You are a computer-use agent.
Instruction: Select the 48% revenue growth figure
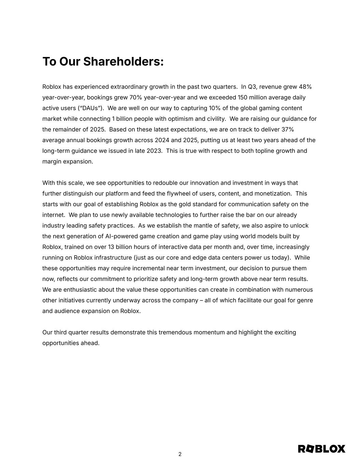pyautogui.click(x=305, y=87)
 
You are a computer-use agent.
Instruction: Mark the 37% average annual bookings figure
pyautogui.click(x=287, y=129)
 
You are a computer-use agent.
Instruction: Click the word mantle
pyautogui.click(x=205, y=226)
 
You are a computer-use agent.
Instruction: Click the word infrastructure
pyautogui.click(x=111, y=257)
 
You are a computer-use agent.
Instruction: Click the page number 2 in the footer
pyautogui.click(x=180, y=454)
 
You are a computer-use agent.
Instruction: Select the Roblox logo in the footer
pyautogui.click(x=321, y=449)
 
